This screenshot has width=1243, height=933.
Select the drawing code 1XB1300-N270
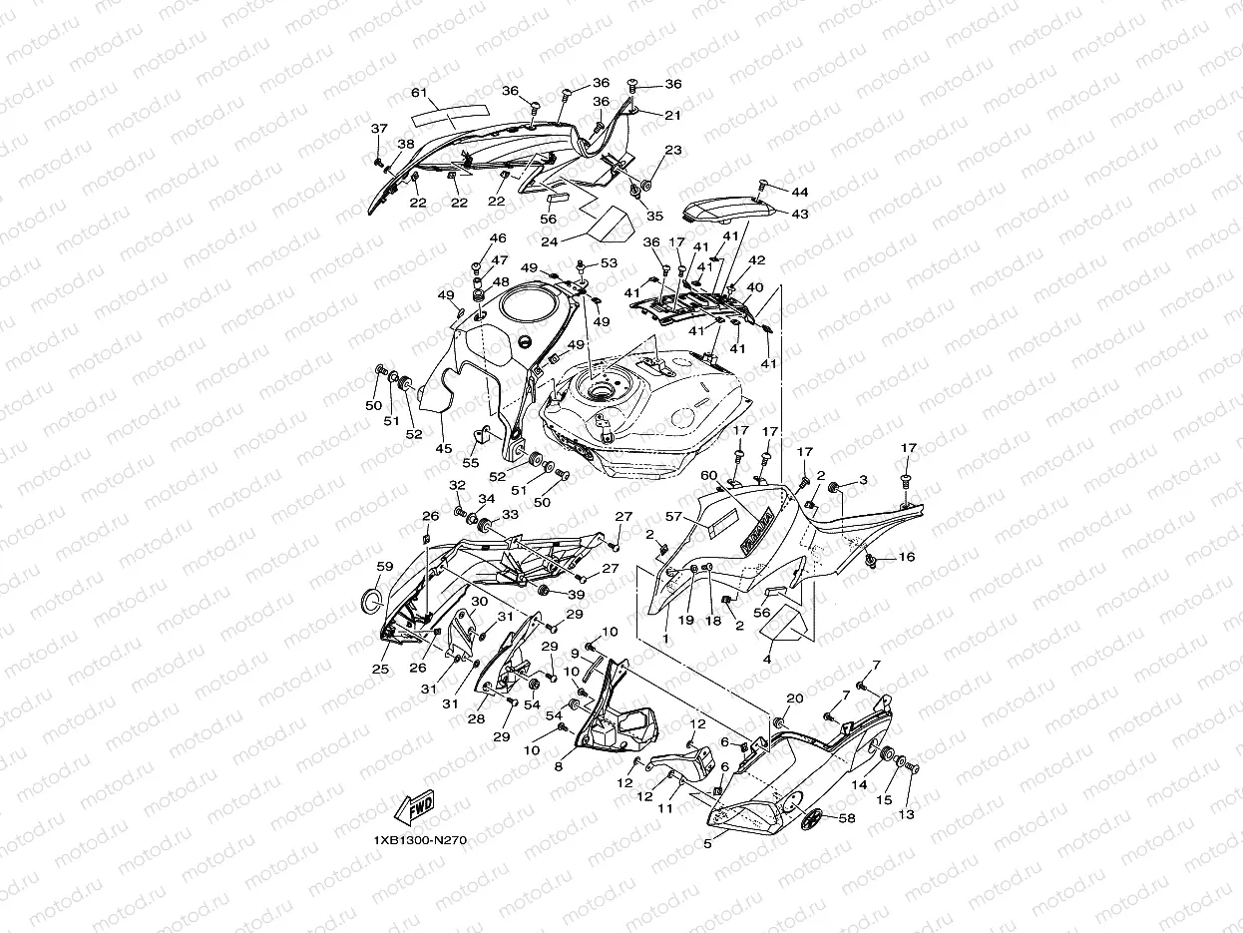(420, 840)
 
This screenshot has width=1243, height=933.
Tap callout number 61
(419, 93)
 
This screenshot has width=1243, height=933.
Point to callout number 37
(379, 129)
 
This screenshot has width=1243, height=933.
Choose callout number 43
(800, 214)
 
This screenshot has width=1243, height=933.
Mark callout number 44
(800, 192)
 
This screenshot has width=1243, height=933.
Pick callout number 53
(609, 263)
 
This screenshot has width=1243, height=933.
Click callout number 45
(444, 449)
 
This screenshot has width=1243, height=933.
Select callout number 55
(471, 464)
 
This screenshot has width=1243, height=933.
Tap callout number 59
(385, 567)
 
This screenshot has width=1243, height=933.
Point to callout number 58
(847, 818)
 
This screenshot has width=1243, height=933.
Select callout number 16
(907, 557)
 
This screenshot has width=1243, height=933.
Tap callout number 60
(708, 475)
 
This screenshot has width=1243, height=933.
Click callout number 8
(559, 766)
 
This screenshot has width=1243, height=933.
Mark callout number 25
(380, 669)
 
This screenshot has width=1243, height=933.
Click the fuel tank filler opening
(603, 391)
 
